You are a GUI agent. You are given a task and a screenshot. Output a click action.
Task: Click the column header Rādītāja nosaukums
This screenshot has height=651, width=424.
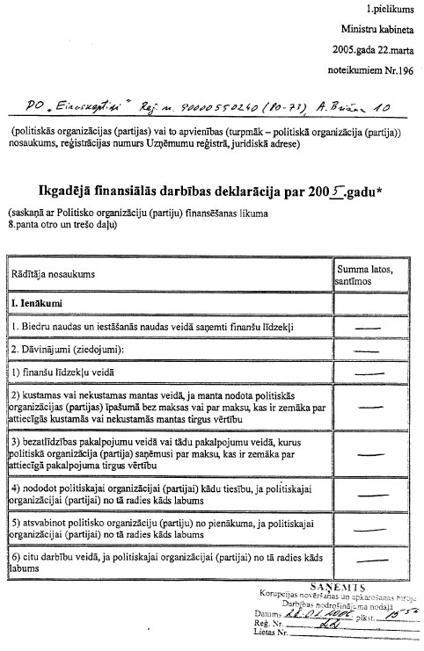point(53,274)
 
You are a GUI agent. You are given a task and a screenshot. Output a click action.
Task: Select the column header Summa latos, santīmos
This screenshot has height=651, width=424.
point(370,273)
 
